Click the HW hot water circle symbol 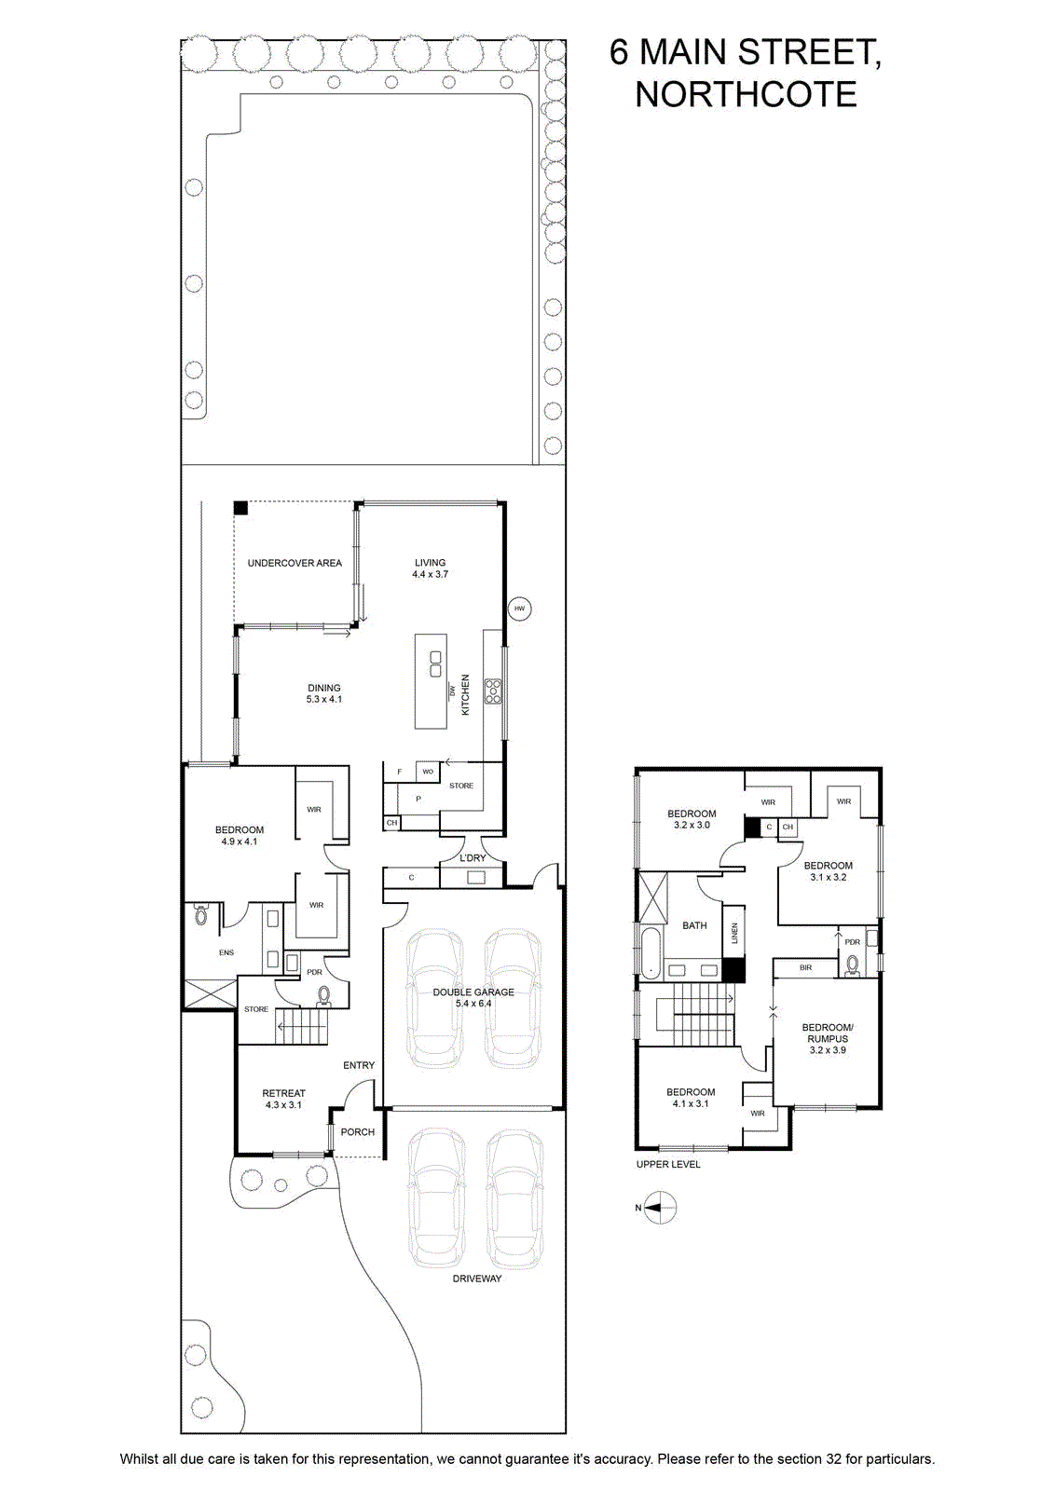click(x=520, y=608)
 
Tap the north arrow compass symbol click(x=660, y=1208)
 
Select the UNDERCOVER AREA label click(x=295, y=563)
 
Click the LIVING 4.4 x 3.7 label click(x=430, y=568)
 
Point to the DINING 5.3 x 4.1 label click(x=324, y=693)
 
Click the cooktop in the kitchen click(x=493, y=691)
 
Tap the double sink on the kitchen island click(x=435, y=663)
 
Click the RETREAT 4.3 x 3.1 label click(x=283, y=1099)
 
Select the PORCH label click(x=358, y=1131)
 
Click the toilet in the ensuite click(x=200, y=916)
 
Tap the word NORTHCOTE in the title click(x=746, y=94)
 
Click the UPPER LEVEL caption click(x=668, y=1164)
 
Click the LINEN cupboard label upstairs click(x=734, y=933)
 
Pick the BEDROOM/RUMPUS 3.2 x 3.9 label click(x=828, y=1038)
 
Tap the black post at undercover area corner click(x=241, y=507)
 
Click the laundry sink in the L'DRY click(x=476, y=877)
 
